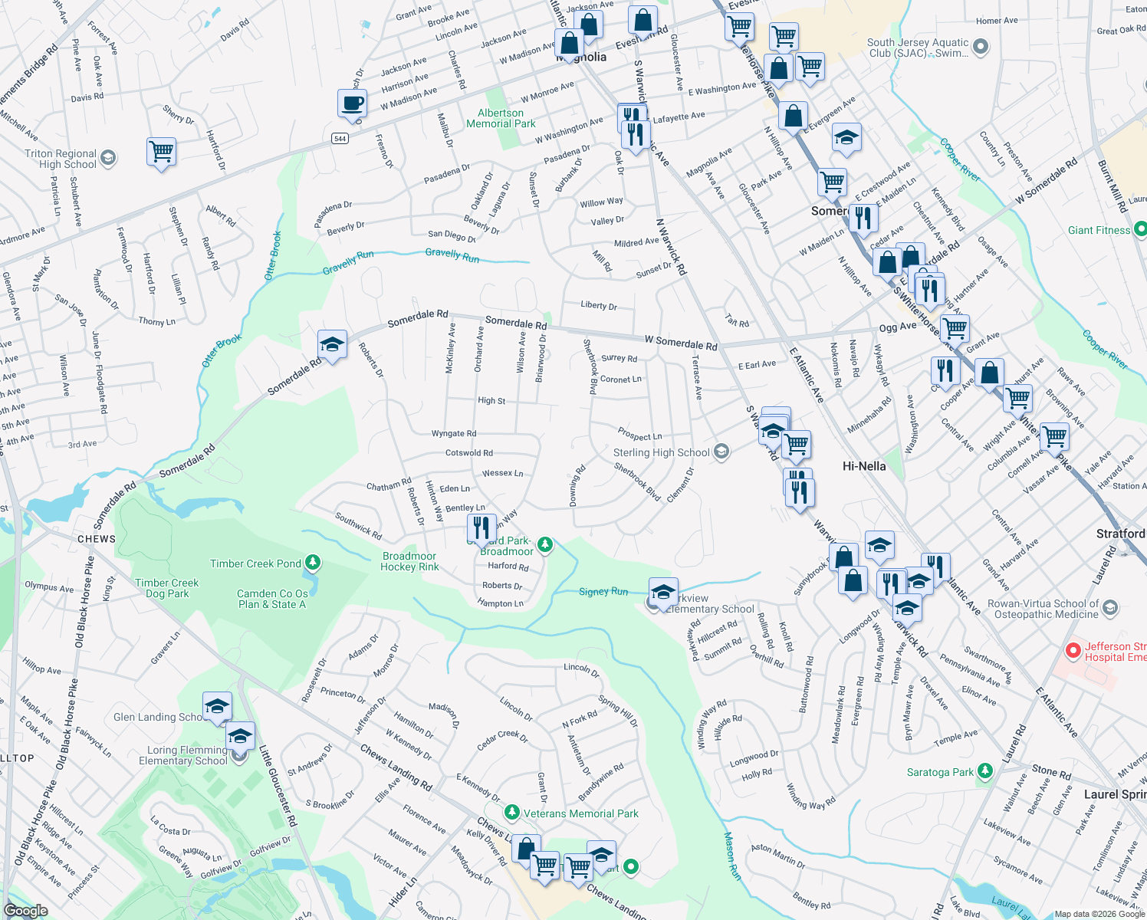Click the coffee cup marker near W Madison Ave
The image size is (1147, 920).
pyautogui.click(x=352, y=103)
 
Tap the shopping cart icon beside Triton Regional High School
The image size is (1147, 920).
pyautogui.click(x=162, y=151)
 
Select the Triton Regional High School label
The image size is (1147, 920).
pyautogui.click(x=61, y=159)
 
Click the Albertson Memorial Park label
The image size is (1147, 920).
pyautogui.click(x=501, y=118)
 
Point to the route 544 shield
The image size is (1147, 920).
pyautogui.click(x=340, y=139)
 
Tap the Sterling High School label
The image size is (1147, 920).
pyautogui.click(x=661, y=452)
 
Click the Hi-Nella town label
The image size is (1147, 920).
pyautogui.click(x=863, y=466)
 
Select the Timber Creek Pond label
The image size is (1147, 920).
pyautogui.click(x=255, y=563)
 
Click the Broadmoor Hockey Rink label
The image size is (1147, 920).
pyautogui.click(x=409, y=561)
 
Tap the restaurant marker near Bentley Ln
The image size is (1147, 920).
pyautogui.click(x=481, y=527)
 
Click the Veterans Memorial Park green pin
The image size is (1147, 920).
pyautogui.click(x=511, y=812)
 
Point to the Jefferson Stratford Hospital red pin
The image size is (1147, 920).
pyautogui.click(x=1073, y=651)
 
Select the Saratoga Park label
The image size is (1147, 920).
pyautogui.click(x=940, y=772)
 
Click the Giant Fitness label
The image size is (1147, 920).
pyautogui.click(x=1099, y=230)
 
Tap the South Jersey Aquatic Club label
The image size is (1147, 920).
pyautogui.click(x=918, y=48)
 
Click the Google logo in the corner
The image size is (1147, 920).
pyautogui.click(x=26, y=910)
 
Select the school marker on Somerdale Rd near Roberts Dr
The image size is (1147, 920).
pyautogui.click(x=332, y=345)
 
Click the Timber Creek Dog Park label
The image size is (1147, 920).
pyautogui.click(x=166, y=588)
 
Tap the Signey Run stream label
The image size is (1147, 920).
pyautogui.click(x=603, y=591)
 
